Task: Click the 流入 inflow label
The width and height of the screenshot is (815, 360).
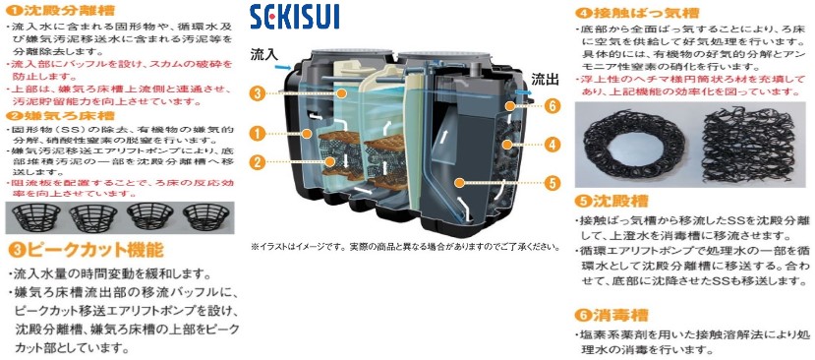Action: pos(264,53)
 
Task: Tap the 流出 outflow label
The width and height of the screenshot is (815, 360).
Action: pos(546,78)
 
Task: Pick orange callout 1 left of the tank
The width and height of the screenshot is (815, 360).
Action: pos(257,132)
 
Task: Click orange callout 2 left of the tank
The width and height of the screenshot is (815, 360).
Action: pos(257,161)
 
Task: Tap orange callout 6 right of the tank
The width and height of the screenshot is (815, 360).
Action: pos(553,106)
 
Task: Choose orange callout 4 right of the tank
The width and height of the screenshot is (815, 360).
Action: pos(553,145)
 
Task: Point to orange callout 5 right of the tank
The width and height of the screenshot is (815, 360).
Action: pos(553,182)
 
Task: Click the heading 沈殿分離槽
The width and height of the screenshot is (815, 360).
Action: pos(59,9)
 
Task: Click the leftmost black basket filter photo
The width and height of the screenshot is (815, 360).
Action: pos(30,219)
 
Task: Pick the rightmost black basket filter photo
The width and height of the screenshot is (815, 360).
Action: pos(209,219)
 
